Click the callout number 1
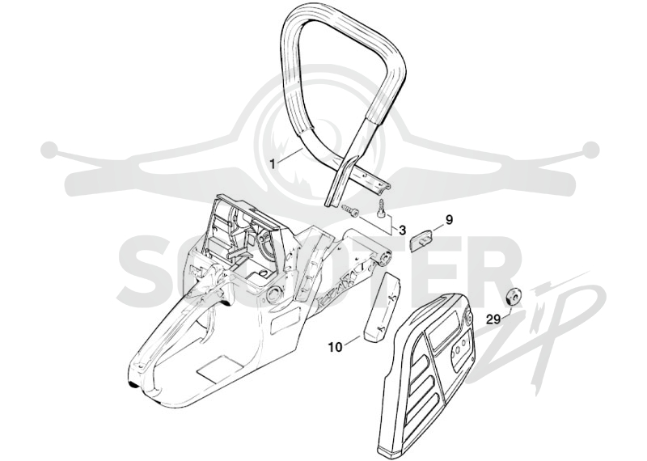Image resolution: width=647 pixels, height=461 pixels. (x=272, y=163)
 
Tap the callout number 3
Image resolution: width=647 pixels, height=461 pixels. (x=402, y=230)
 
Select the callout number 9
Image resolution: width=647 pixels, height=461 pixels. (x=449, y=220)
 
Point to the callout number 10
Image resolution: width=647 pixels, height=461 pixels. (x=335, y=348)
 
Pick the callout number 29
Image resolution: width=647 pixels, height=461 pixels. (x=493, y=319)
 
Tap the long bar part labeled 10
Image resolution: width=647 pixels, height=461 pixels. (x=382, y=308)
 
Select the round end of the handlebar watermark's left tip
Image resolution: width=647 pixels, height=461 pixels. (x=50, y=148)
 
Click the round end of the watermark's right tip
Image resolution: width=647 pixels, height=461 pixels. (x=592, y=148)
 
